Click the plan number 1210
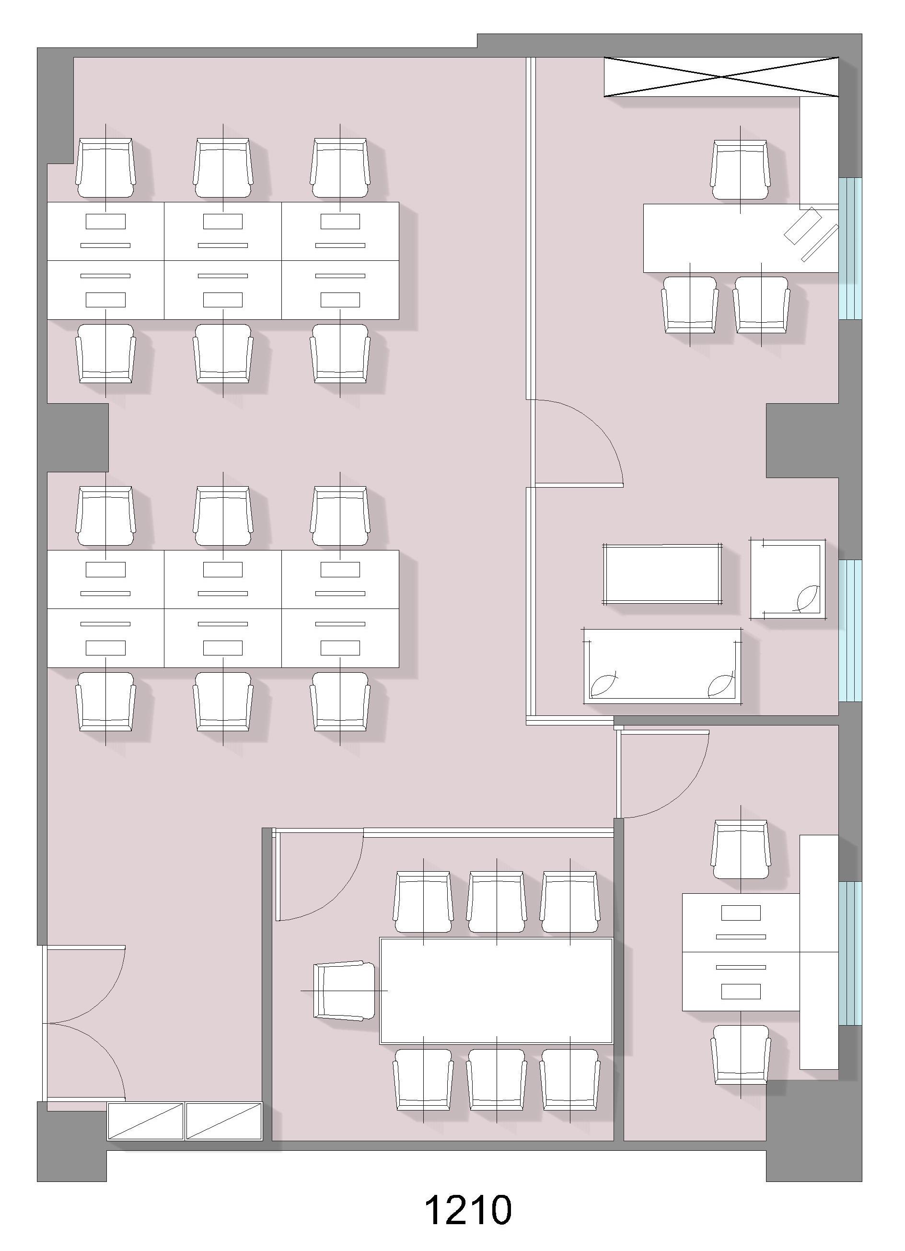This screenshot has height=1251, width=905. click(x=468, y=1211)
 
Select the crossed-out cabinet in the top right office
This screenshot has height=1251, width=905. click(x=721, y=77)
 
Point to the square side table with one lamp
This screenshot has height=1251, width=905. click(x=788, y=579)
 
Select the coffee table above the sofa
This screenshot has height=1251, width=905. click(x=662, y=573)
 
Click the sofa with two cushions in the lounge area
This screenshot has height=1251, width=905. click(x=662, y=666)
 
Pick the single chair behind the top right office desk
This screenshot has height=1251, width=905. click(x=740, y=170)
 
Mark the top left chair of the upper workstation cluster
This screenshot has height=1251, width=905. click(x=105, y=168)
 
